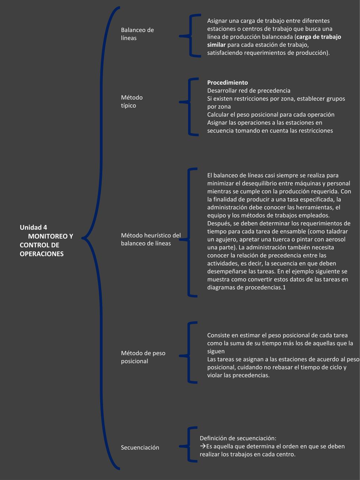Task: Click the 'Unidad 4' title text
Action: pyautogui.click(x=33, y=228)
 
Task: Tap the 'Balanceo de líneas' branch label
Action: pyautogui.click(x=137, y=34)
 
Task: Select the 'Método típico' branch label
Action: pyautogui.click(x=132, y=101)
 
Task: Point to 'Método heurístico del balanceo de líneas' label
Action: pyautogui.click(x=151, y=239)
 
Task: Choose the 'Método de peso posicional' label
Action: pyautogui.click(x=143, y=357)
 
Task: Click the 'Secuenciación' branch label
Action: pyautogui.click(x=140, y=447)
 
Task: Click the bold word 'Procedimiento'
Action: pyautogui.click(x=227, y=83)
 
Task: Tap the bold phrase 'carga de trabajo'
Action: pyautogui.click(x=319, y=37)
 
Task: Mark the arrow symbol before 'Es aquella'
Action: pyautogui.click(x=203, y=446)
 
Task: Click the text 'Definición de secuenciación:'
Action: pyautogui.click(x=238, y=438)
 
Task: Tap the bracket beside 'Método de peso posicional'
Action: pyautogui.click(x=189, y=352)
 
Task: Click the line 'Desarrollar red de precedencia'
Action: pyautogui.click(x=249, y=91)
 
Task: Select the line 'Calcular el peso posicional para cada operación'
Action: pyautogui.click(x=271, y=115)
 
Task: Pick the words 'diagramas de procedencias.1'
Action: pyautogui.click(x=246, y=288)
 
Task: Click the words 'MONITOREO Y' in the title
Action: pyautogui.click(x=51, y=236)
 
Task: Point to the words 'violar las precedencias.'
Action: pyautogui.click(x=238, y=375)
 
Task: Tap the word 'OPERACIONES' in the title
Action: pyautogui.click(x=41, y=254)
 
